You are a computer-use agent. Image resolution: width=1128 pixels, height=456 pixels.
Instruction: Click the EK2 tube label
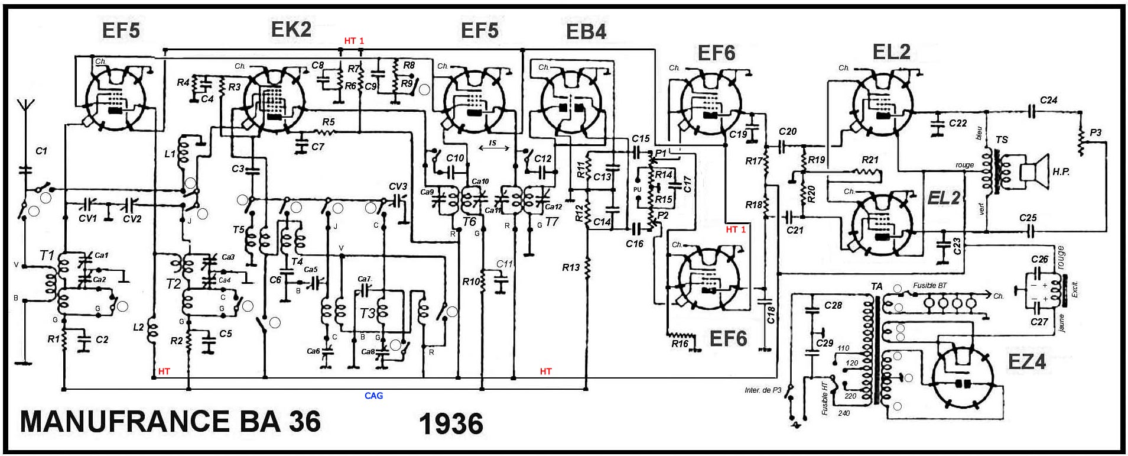[x=291, y=30]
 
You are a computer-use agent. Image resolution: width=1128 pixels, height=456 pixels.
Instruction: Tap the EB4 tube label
[x=586, y=32]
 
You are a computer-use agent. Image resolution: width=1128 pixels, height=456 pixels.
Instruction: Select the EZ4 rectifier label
[x=1026, y=361]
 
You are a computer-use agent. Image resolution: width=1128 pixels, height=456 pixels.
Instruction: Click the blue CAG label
[x=373, y=396]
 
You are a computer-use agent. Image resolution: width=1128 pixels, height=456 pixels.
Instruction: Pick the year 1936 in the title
[x=451, y=424]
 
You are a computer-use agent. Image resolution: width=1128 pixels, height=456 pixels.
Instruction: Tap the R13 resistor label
[x=571, y=267]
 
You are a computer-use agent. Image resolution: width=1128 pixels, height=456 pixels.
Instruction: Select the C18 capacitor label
[x=771, y=315]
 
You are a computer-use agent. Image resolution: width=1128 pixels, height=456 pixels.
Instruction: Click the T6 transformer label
[x=469, y=222]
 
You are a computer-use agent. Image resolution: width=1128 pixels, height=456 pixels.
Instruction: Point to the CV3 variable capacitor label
[x=398, y=187]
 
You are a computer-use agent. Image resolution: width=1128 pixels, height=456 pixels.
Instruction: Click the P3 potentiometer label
[x=1096, y=133]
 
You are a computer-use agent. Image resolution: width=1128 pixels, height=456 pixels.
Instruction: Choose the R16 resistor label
[x=680, y=344]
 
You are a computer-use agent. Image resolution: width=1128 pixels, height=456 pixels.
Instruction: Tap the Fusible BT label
[x=929, y=286]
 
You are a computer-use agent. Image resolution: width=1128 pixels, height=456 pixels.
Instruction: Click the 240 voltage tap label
[x=844, y=413]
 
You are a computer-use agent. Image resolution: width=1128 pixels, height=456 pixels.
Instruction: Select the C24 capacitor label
[x=1049, y=101]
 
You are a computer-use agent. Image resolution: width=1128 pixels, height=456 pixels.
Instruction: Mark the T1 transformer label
[x=47, y=256]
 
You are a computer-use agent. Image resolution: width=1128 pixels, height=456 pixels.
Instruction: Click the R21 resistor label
[x=870, y=160]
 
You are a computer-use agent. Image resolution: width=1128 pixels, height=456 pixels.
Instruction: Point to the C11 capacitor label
[x=504, y=264]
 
